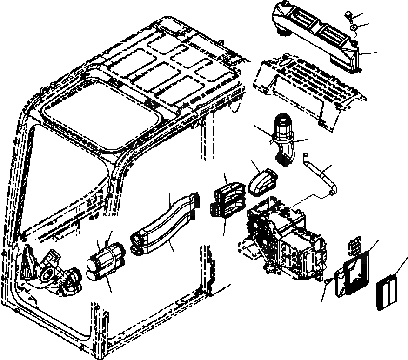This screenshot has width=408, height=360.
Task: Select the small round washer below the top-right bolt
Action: [x=354, y=29]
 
